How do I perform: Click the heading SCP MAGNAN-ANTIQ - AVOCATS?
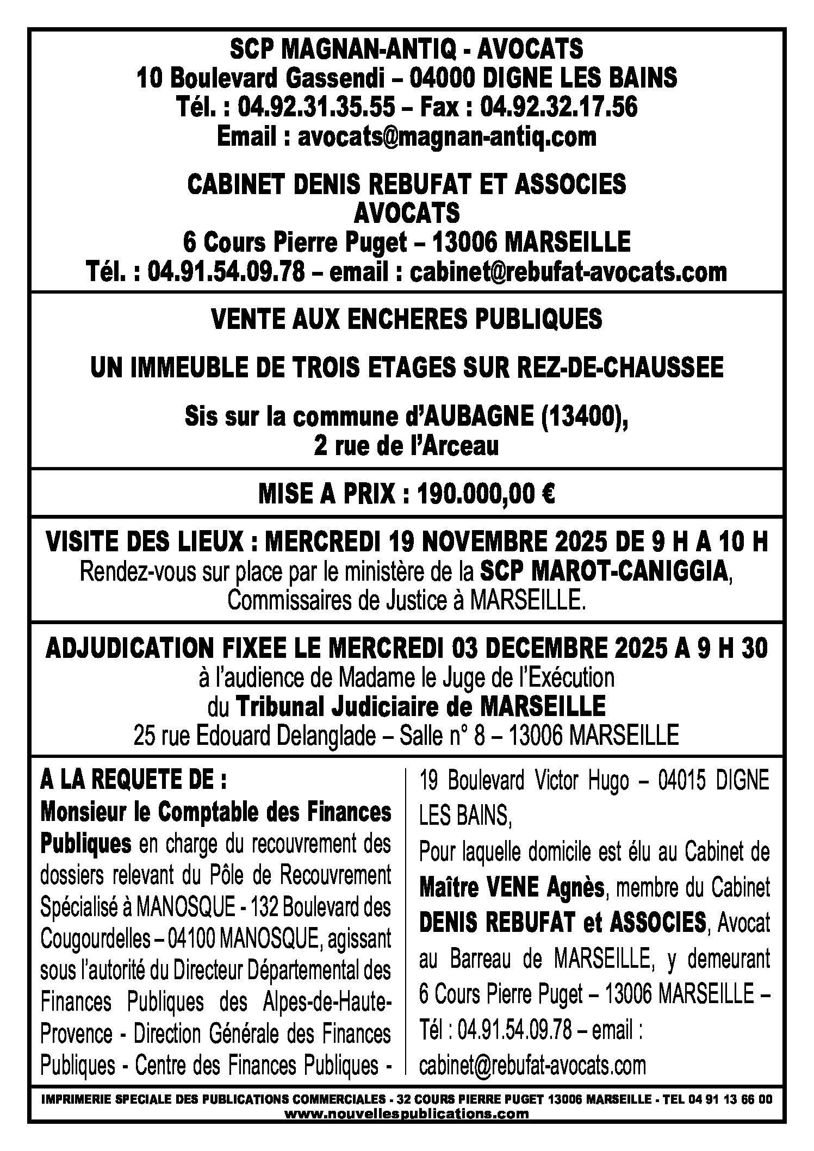tap(407, 50)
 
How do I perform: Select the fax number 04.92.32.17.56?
tap(558, 107)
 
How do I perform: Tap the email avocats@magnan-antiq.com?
tap(446, 136)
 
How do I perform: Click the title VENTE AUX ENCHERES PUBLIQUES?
tap(407, 319)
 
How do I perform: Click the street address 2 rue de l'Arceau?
tap(407, 446)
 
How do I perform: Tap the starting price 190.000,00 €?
tap(485, 494)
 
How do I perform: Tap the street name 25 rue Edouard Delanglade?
tap(254, 736)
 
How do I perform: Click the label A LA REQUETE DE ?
tap(133, 781)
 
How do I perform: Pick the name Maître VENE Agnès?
tap(512, 888)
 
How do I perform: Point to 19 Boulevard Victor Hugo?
tap(524, 781)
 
